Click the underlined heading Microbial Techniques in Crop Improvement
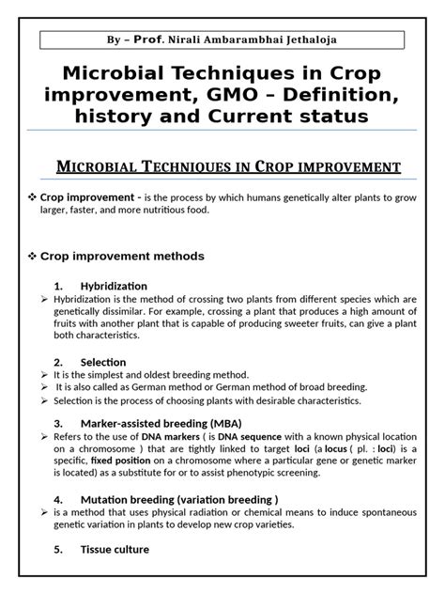click(222, 167)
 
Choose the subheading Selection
click(103, 361)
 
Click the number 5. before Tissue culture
click(58, 549)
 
